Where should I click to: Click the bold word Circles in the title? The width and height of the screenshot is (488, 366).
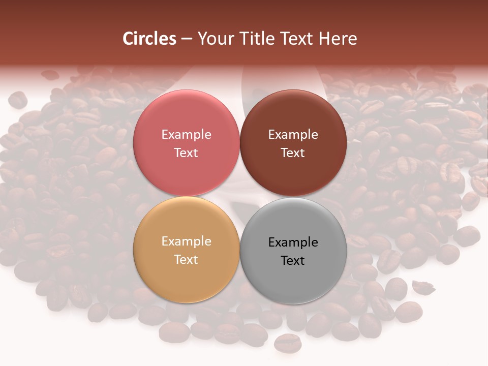pyautogui.click(x=149, y=39)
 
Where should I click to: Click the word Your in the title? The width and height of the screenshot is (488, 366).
pyautogui.click(x=215, y=39)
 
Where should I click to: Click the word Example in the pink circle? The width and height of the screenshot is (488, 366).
pyautogui.click(x=186, y=135)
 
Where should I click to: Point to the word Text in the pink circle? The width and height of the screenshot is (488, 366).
pyautogui.click(x=186, y=152)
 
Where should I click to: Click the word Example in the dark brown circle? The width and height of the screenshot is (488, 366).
pyautogui.click(x=293, y=135)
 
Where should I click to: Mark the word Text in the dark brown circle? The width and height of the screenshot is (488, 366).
pyautogui.click(x=293, y=152)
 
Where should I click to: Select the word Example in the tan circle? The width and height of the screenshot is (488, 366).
pyautogui.click(x=186, y=241)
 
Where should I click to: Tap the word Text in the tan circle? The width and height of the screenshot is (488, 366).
pyautogui.click(x=186, y=259)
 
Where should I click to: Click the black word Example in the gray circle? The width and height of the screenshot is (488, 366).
pyautogui.click(x=293, y=242)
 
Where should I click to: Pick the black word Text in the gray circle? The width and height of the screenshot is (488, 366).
pyautogui.click(x=293, y=260)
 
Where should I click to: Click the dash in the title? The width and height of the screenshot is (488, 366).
pyautogui.click(x=187, y=39)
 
